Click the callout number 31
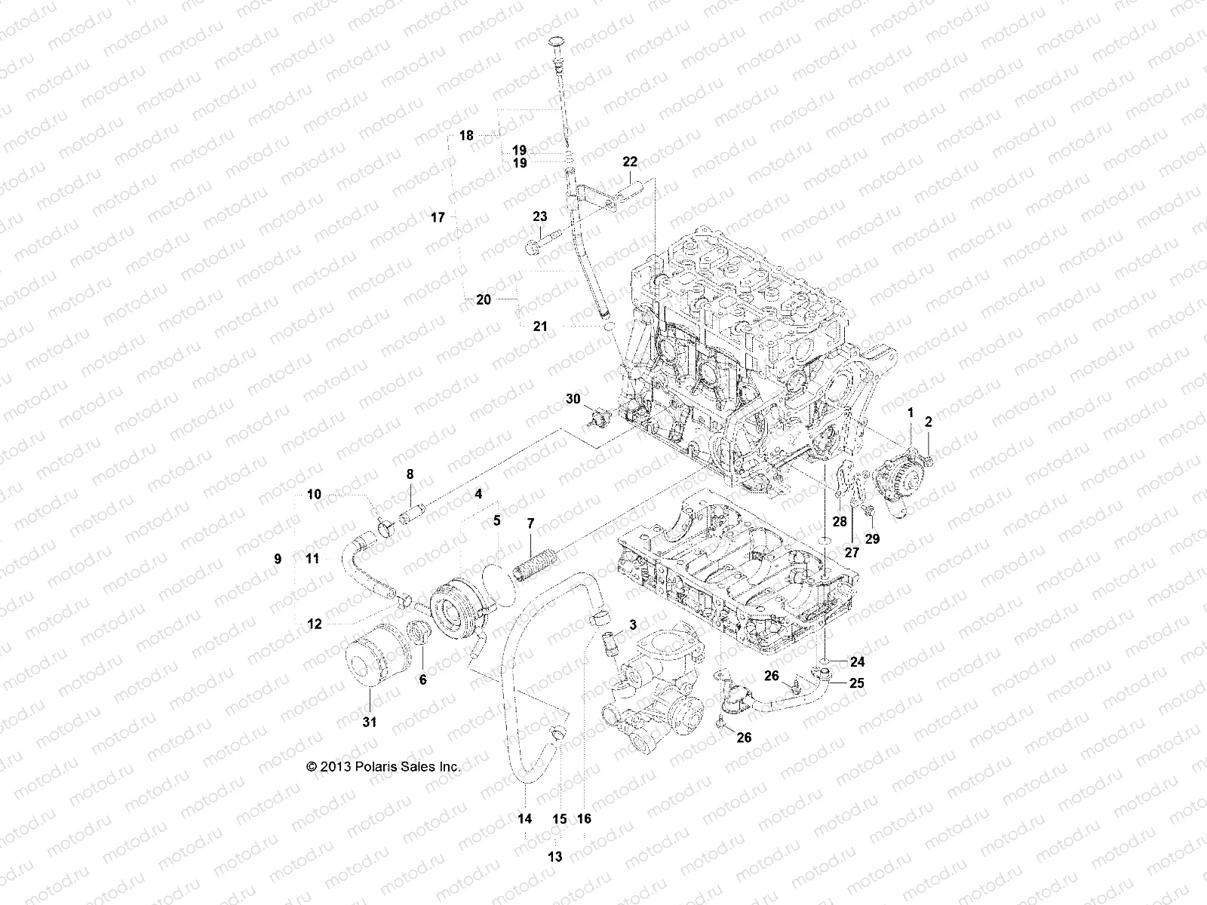[x=369, y=722]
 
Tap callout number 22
[x=630, y=161]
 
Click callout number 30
[x=573, y=398]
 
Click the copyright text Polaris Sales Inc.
[x=382, y=766]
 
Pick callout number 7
[x=530, y=523]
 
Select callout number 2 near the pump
[x=929, y=422]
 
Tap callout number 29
[x=873, y=539]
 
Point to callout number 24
[x=858, y=662]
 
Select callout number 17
[x=438, y=217]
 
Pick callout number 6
[x=422, y=680]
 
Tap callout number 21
[x=561, y=327]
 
